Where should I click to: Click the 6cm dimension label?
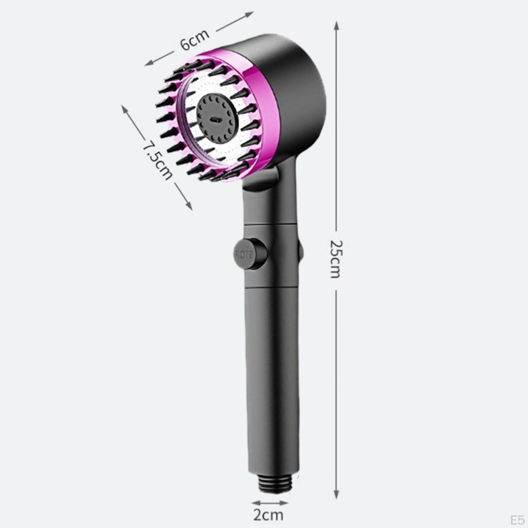194,40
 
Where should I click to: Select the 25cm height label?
336,259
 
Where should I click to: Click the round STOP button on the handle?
249,254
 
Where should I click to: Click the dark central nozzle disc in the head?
218,119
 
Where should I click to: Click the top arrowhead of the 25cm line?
336,25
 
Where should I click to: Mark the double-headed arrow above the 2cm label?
270,503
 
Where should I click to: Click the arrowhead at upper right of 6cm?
250,13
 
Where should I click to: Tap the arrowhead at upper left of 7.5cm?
124,109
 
